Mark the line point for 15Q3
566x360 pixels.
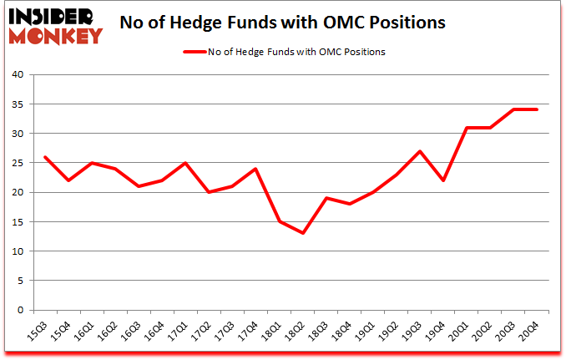coord(44,156)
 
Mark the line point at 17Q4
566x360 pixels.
coord(258,169)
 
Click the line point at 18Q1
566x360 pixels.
coord(281,221)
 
